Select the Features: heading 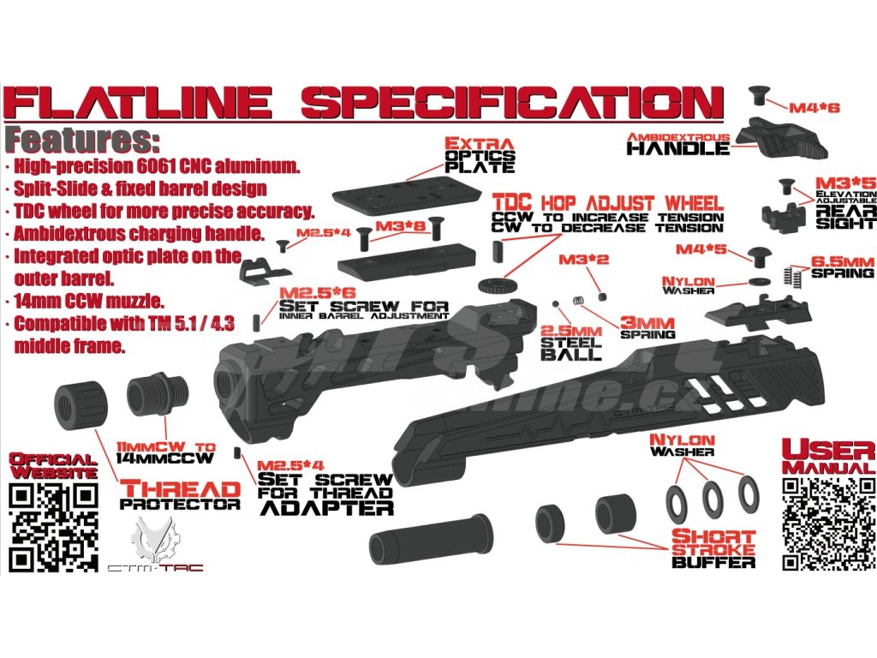81,140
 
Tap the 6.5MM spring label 843,261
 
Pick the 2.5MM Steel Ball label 570,341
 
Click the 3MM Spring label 647,328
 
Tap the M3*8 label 400,225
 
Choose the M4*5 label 701,249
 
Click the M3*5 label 844,182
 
